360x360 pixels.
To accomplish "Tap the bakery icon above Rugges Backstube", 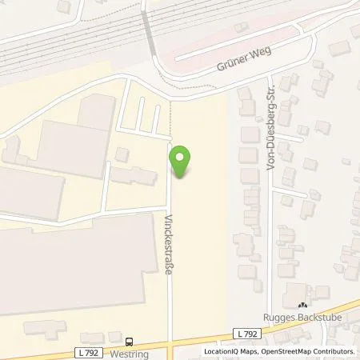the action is (302, 305).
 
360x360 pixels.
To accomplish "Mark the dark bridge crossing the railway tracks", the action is (150, 36).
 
